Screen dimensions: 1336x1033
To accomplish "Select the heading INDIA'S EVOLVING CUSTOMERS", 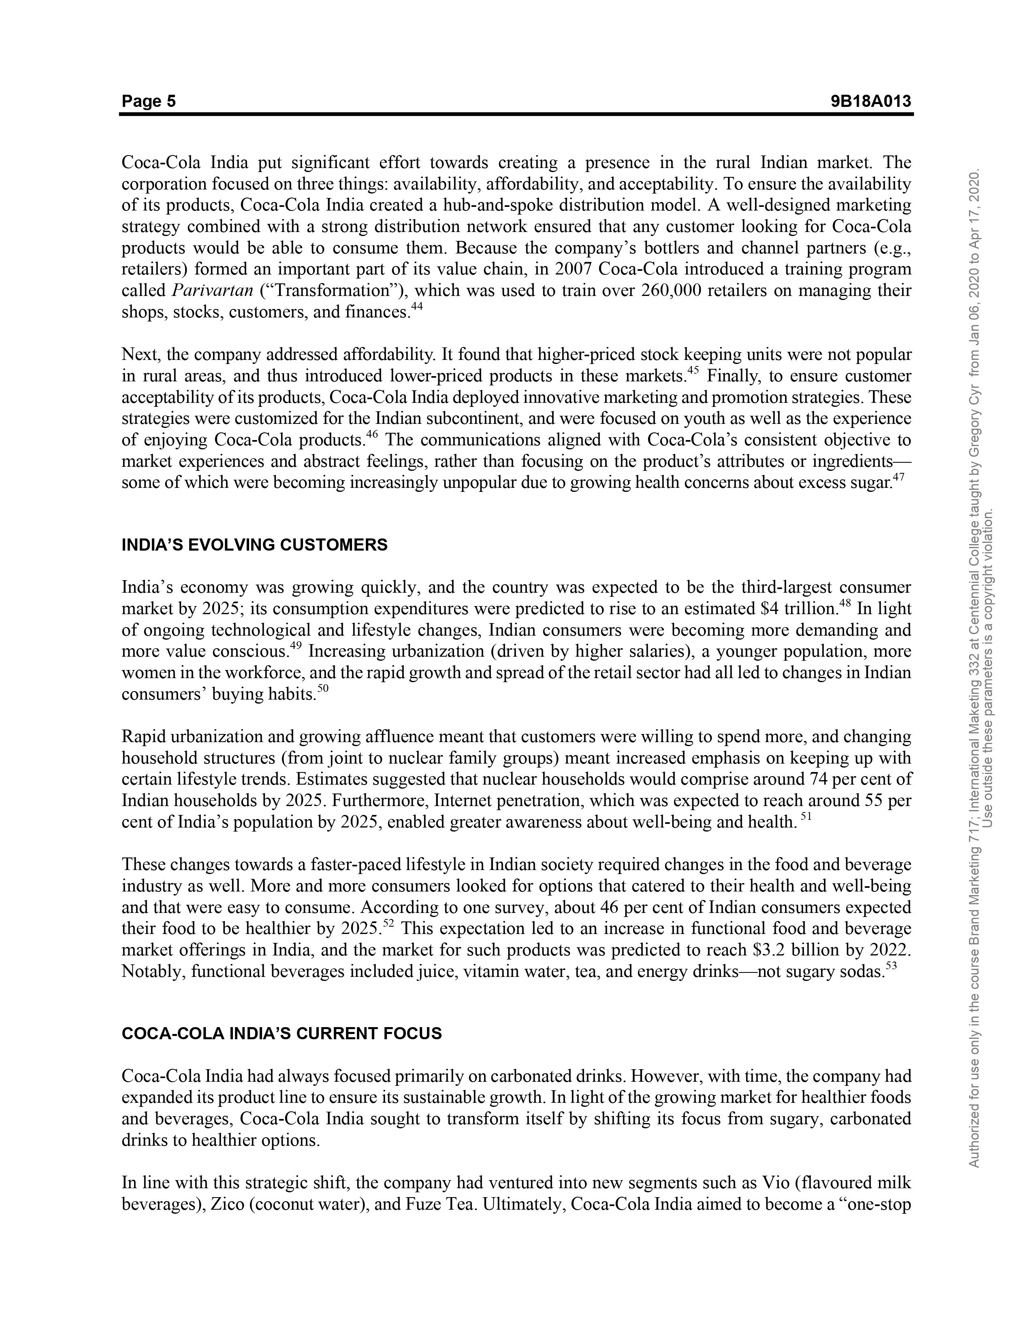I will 254,545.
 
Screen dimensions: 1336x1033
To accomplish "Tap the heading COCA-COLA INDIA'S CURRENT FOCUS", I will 282,1034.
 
